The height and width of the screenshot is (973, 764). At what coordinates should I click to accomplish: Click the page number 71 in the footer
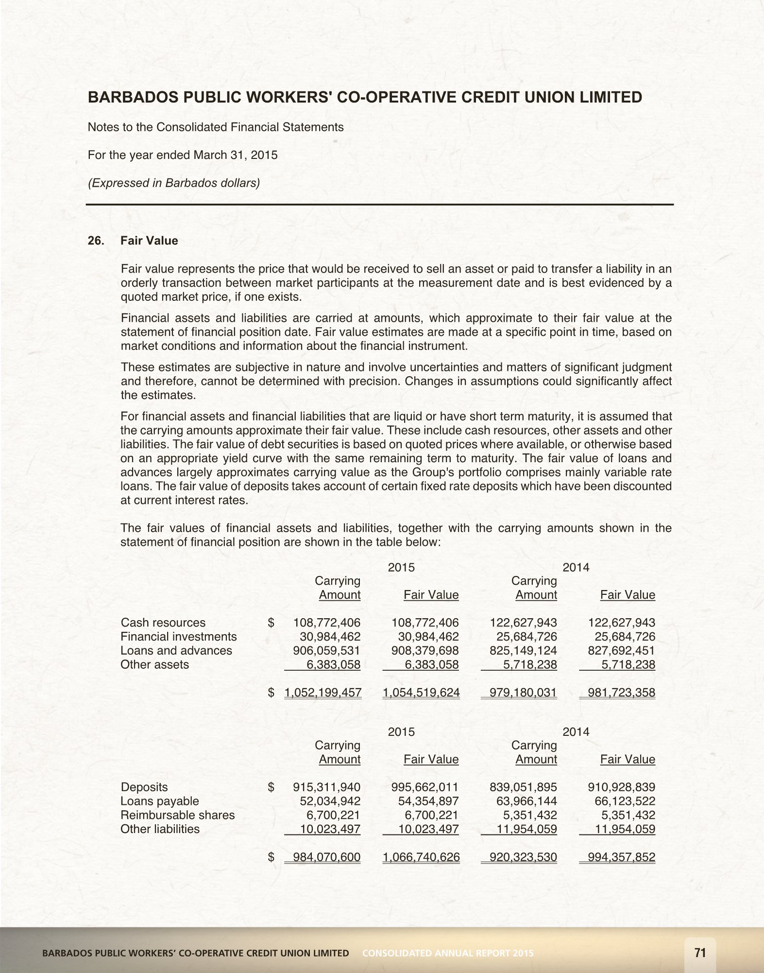click(700, 953)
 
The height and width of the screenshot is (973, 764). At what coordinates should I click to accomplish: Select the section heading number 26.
click(96, 241)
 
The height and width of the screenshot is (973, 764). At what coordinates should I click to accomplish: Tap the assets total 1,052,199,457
click(323, 693)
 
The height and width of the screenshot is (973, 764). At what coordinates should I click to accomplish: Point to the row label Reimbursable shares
click(177, 815)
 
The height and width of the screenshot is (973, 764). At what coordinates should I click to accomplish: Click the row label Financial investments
click(178, 637)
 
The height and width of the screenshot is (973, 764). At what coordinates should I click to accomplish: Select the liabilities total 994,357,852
click(621, 857)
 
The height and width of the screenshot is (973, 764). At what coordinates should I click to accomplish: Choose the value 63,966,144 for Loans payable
click(526, 801)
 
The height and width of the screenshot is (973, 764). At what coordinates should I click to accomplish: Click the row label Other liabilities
click(160, 829)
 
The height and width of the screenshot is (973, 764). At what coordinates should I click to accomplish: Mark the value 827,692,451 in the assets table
click(621, 650)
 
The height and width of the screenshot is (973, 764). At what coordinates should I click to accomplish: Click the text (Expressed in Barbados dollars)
click(173, 183)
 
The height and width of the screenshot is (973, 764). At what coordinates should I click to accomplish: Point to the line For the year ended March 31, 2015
click(182, 155)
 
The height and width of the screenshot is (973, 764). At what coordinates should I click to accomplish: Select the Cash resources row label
click(163, 623)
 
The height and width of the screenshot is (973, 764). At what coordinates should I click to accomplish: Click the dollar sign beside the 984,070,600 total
click(271, 857)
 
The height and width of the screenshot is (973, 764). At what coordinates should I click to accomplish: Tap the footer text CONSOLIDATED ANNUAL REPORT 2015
click(448, 953)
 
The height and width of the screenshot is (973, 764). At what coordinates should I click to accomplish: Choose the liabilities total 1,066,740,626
click(421, 857)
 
